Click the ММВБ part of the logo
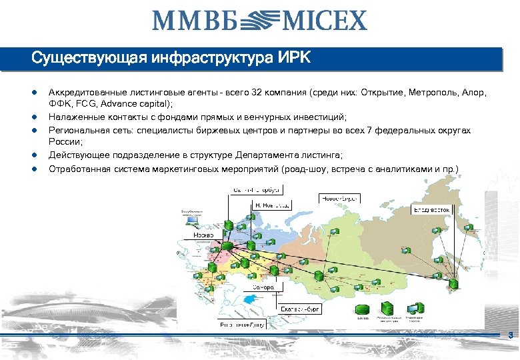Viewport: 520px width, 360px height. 193,20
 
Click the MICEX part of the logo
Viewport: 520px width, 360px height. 325,20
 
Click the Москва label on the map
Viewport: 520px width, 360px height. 203,236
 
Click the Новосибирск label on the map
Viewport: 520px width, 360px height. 341,198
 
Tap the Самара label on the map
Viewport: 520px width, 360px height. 263,287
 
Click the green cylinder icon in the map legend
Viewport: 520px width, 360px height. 362,310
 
